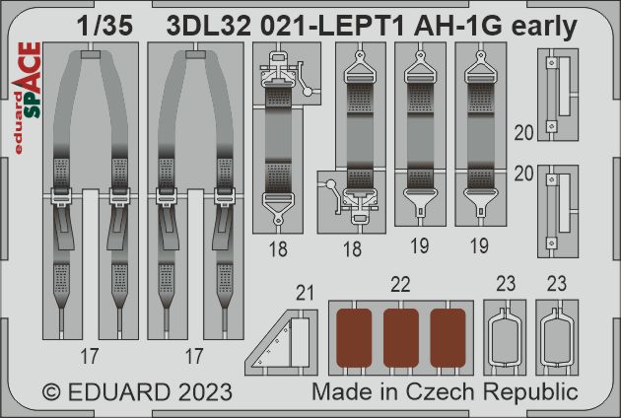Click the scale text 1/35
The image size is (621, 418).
tap(104, 27)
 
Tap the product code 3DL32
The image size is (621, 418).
tap(209, 27)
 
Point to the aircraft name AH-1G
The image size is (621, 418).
tap(458, 27)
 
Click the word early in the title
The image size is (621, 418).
tap(544, 28)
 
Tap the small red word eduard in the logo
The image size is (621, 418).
tap(19, 123)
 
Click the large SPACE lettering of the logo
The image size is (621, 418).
tap(30, 80)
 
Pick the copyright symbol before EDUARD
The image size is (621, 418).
tap(51, 392)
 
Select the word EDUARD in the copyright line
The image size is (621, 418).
tap(119, 392)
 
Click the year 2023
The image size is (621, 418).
tap(205, 392)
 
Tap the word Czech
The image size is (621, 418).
tap(440, 391)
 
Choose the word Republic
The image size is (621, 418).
tap(530, 393)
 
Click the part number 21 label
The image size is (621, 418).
tap(305, 293)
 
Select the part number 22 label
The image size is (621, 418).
tap(400, 285)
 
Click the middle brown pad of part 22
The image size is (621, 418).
tap(401, 338)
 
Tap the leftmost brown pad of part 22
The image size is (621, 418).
tap(354, 338)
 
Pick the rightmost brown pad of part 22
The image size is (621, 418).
tap(448, 338)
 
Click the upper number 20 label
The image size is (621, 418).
tap(523, 133)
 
